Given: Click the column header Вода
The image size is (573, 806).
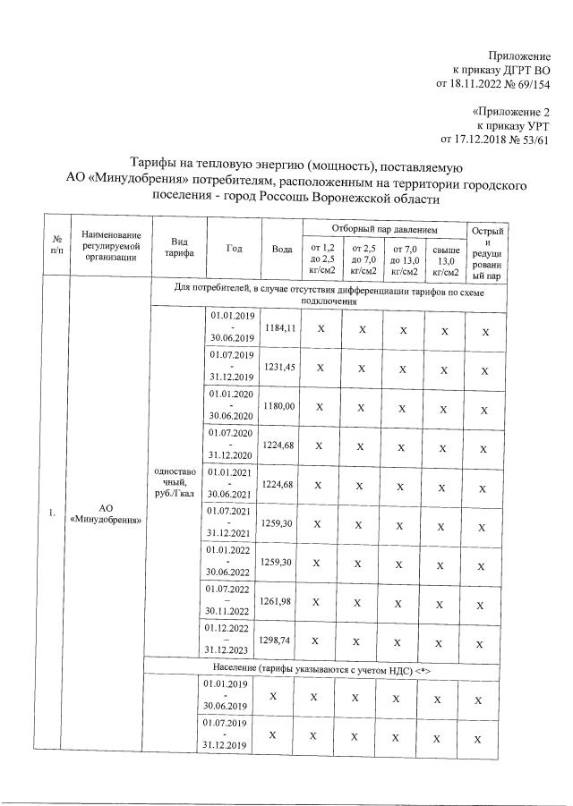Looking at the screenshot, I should click(x=282, y=248).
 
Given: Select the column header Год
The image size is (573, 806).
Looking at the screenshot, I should click(x=234, y=248).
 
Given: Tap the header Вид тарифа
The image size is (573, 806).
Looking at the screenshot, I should click(x=173, y=248).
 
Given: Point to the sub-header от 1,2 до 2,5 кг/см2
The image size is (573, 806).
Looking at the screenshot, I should click(x=321, y=259).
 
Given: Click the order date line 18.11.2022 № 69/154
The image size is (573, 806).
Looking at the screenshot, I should click(x=492, y=84).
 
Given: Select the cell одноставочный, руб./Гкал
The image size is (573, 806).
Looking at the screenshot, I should click(x=173, y=485).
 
